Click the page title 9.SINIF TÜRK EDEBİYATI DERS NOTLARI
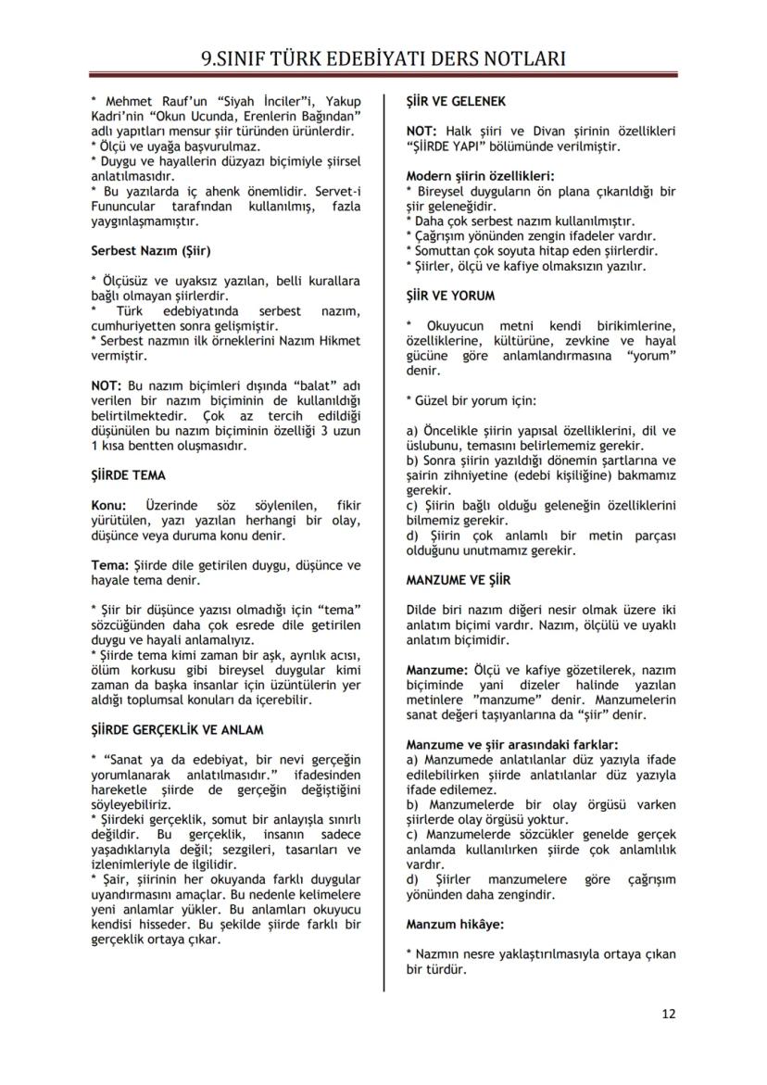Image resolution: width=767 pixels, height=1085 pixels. [383, 59]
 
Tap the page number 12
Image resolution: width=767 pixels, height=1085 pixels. [669, 1013]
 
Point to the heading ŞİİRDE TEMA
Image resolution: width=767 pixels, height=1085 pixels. [128, 475]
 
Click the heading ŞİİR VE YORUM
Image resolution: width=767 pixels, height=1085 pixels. [450, 296]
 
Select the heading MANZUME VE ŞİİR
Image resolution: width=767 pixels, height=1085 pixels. [456, 581]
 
